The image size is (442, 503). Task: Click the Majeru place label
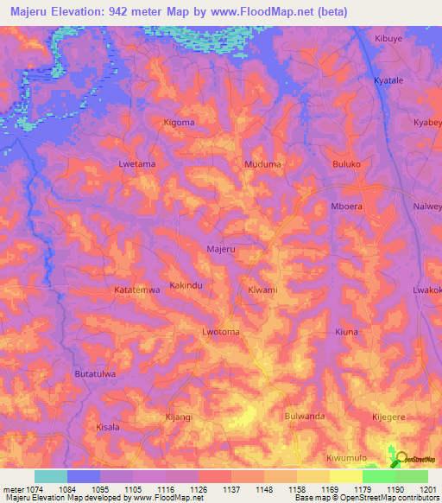coord(221,249)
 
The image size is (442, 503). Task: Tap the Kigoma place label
coord(179,123)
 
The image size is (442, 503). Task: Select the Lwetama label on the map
coord(136,162)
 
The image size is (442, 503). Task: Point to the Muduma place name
coord(263,162)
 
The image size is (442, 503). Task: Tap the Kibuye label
coord(389,39)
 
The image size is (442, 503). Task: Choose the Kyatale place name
coord(389,80)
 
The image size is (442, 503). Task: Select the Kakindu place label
coord(187,284)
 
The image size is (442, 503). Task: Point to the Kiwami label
coord(262,290)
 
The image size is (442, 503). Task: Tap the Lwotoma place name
coord(220,332)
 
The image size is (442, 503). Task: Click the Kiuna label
coord(346,332)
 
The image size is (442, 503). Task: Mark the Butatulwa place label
coord(95,374)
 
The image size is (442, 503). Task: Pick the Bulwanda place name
coord(305,416)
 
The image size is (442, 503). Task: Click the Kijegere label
coord(389,416)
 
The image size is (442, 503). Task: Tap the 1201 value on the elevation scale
coord(428,490)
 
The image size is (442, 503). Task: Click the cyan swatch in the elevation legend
coord(50,476)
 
